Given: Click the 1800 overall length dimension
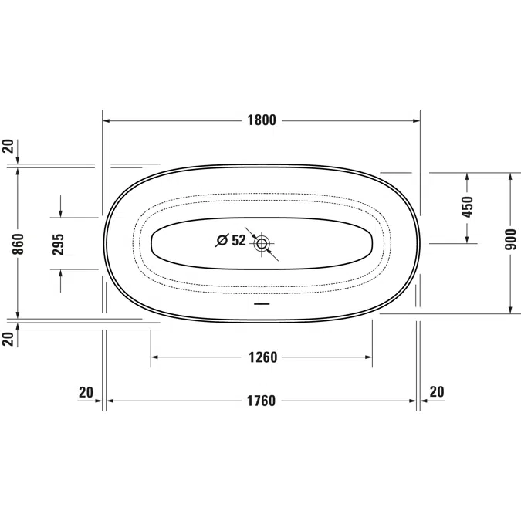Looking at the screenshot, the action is coord(262,120).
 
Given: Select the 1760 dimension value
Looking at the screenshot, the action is coord(261,401).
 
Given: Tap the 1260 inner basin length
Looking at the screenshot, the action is coord(263,357).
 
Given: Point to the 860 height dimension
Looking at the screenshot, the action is coord(19,244).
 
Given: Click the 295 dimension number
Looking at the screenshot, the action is coord(58,245).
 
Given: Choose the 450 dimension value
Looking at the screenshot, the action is coord(467,207).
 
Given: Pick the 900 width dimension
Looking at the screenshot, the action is coord(511,239).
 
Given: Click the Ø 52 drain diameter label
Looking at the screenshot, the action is coord(231,240).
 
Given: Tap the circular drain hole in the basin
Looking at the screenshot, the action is coord(262,244).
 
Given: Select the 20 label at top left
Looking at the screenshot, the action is coord(8,146).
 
